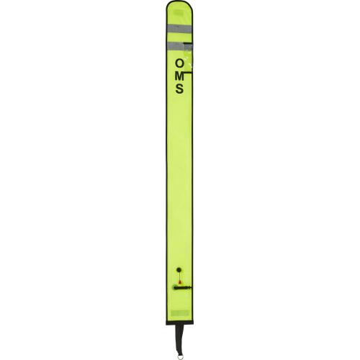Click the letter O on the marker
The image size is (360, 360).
[179, 63]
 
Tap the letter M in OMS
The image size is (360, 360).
[179, 76]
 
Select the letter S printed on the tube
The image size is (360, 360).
[179, 89]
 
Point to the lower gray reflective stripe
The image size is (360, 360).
[176, 45]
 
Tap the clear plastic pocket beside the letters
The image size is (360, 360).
[189, 58]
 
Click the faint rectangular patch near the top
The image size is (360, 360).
[180, 18]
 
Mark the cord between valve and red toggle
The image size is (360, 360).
[179, 277]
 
